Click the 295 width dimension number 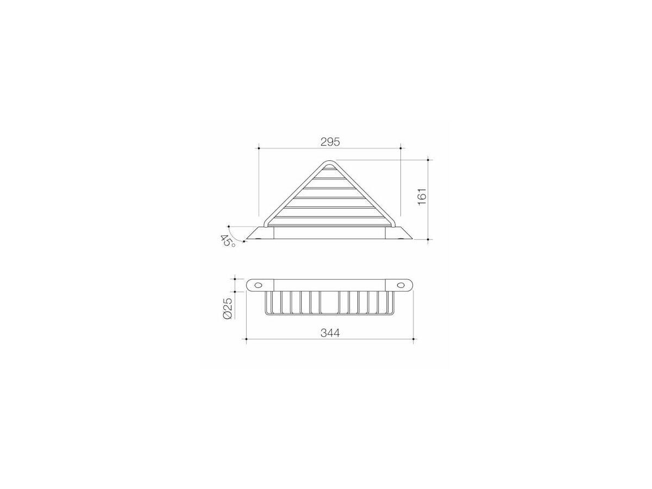tap(330, 142)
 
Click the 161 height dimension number tap(422, 196)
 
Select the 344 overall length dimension tap(330, 333)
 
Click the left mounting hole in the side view tap(258, 285)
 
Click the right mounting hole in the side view tap(401, 285)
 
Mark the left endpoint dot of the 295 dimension tap(259, 148)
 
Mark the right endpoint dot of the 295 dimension tap(400, 148)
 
